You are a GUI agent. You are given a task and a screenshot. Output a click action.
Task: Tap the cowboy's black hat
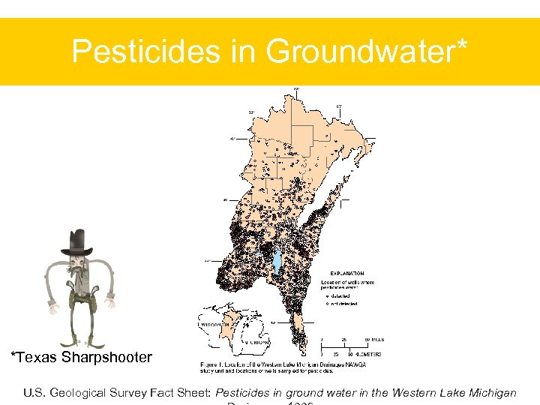coord(77,242)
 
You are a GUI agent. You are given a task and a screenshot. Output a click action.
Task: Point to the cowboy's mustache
coord(78,268)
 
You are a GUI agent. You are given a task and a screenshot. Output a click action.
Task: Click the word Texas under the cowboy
coord(36,357)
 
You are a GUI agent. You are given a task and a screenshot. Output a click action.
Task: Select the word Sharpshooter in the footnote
coord(106,358)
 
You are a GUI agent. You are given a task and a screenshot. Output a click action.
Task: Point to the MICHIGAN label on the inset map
coord(257,340)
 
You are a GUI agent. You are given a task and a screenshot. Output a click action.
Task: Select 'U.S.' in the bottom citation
coord(34,393)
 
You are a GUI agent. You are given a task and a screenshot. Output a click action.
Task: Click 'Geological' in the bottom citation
coord(83,393)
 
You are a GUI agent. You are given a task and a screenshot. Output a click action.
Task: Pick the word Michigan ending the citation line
coord(492,393)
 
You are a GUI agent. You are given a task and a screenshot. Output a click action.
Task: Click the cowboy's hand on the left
coord(52,305)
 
